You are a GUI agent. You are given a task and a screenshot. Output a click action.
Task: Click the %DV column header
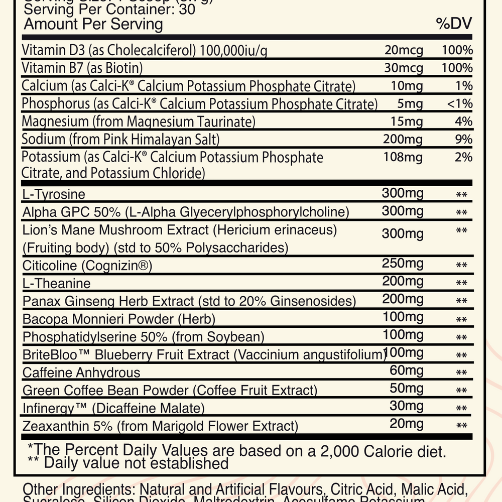(454, 24)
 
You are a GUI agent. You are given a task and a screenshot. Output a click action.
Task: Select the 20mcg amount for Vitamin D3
(407, 50)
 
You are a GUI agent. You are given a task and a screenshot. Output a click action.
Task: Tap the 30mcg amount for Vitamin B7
(407, 68)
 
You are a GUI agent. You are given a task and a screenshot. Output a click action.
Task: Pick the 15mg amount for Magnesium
(407, 121)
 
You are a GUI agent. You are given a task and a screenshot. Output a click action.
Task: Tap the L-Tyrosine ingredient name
(54, 194)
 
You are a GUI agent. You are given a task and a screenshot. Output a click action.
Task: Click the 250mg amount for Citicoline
(403, 264)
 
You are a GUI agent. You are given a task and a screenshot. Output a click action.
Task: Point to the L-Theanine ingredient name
(57, 283)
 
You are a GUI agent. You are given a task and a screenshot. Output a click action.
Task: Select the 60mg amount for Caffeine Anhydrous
(407, 371)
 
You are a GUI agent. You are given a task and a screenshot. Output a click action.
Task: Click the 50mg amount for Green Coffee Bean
(407, 389)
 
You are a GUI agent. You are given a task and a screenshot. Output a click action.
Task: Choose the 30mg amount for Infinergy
(407, 407)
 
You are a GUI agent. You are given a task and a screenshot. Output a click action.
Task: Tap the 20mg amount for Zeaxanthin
(407, 424)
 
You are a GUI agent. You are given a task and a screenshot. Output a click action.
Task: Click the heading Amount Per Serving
(93, 24)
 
